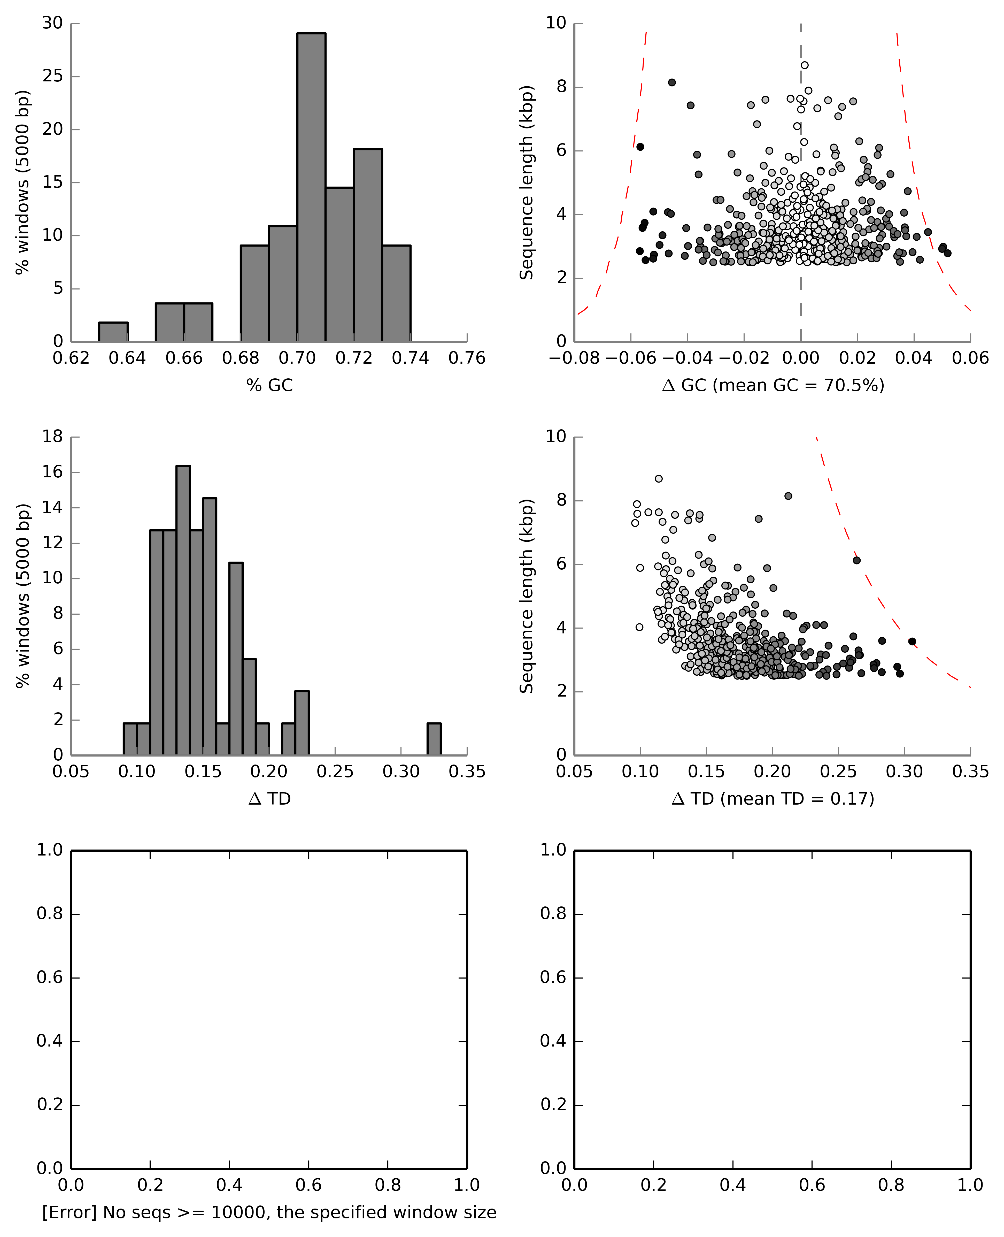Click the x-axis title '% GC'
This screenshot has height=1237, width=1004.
[269, 385]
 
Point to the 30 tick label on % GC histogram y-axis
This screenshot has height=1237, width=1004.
[53, 23]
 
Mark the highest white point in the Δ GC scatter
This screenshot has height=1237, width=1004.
[805, 65]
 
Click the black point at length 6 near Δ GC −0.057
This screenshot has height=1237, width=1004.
[640, 147]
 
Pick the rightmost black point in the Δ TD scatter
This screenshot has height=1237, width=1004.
[912, 641]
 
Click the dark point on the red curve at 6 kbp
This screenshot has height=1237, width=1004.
[856, 560]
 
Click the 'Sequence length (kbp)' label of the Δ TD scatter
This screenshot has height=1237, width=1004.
[526, 596]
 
